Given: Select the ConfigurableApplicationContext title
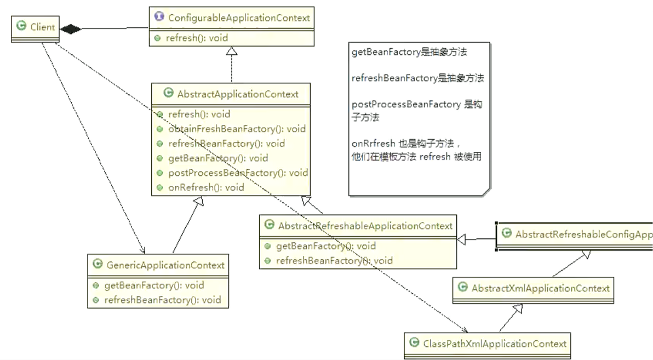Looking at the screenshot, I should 239,18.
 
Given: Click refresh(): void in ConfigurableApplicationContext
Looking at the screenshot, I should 197,38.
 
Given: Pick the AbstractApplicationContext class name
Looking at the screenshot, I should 238,94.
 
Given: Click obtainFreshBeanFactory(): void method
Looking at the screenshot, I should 236,129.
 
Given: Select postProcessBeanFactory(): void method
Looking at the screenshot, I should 237,173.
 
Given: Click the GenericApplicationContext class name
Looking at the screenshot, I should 165,265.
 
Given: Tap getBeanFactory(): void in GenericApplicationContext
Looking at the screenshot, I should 154,285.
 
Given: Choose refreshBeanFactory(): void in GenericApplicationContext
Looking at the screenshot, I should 162,300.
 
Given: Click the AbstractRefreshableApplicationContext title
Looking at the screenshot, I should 365,225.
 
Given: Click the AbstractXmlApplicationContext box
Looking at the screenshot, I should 540,288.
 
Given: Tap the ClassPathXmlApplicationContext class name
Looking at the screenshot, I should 495,344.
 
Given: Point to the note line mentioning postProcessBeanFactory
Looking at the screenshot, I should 406,104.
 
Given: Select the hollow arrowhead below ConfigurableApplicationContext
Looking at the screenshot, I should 232,52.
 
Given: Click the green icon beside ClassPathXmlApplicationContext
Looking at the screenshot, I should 415,343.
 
